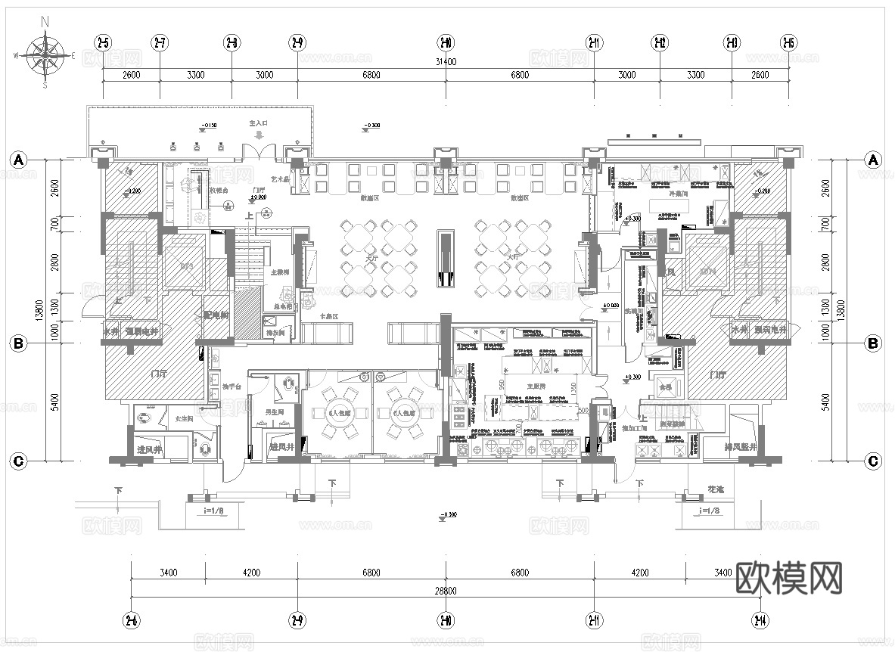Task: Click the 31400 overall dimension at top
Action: [446, 62]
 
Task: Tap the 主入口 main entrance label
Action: [259, 123]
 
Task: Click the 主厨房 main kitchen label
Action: [516, 385]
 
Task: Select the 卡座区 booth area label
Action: [328, 317]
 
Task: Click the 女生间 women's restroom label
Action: [185, 418]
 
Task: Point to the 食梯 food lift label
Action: [666, 386]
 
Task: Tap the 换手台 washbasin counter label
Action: [232, 387]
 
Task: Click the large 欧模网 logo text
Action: [788, 579]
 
